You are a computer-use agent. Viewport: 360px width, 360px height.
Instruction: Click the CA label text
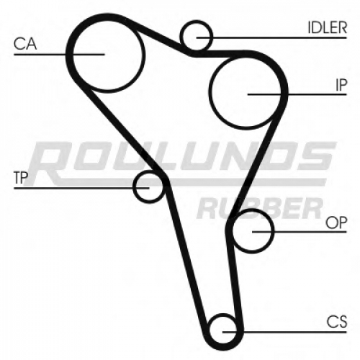[x=25, y=44]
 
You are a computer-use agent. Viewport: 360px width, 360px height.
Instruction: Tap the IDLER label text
[x=328, y=27]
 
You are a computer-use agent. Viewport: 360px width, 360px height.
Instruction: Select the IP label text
[x=341, y=85]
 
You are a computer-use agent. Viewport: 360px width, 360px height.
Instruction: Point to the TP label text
[x=21, y=178]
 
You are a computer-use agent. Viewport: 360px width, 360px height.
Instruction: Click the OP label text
[x=336, y=222]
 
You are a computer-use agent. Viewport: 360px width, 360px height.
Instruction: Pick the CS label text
[x=337, y=322]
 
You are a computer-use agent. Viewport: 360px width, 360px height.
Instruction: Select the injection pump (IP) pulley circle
[x=210, y=91]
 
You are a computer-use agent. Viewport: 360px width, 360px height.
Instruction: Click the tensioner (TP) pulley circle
[x=135, y=186]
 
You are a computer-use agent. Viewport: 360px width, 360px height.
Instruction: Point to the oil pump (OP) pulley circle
[x=273, y=231]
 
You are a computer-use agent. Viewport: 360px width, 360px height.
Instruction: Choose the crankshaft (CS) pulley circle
[x=222, y=315]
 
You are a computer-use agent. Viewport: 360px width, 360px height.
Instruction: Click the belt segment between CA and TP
[x=122, y=130]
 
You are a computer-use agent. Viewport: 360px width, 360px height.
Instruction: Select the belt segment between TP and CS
[x=187, y=259]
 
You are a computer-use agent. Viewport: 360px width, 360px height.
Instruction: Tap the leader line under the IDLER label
[x=271, y=37]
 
